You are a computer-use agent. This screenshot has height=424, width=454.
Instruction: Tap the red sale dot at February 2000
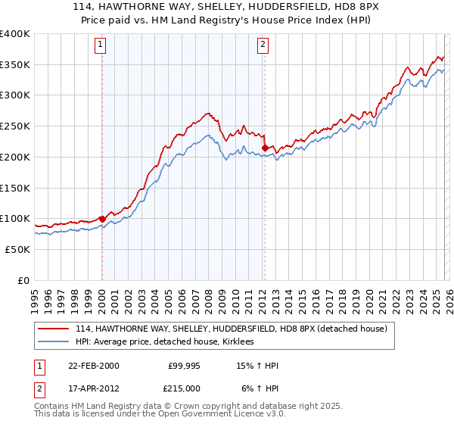pyautogui.click(x=102, y=219)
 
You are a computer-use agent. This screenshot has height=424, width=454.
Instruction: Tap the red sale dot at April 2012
pyautogui.click(x=265, y=148)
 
